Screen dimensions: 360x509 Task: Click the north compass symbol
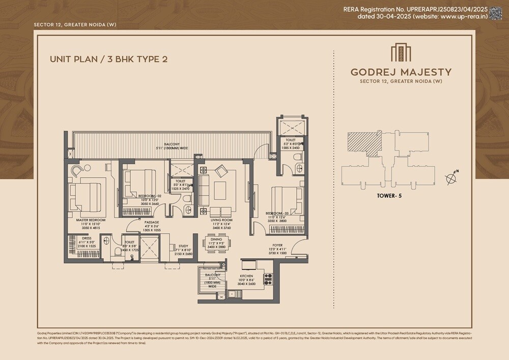click(x=450, y=178)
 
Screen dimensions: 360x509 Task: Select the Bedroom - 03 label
click(x=276, y=213)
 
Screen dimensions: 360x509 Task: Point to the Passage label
click(x=151, y=223)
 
